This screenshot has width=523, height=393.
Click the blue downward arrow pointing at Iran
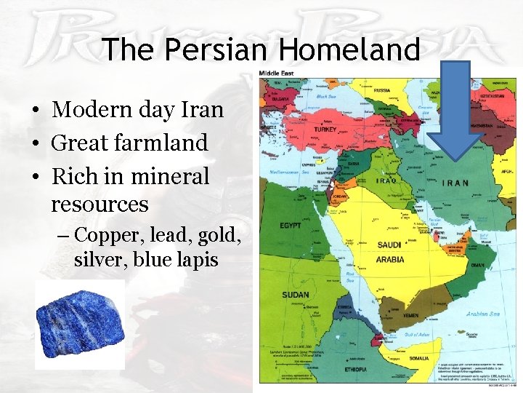[x=448, y=109]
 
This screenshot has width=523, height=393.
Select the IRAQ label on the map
[x=386, y=180]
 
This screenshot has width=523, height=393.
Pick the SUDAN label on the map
[x=296, y=295]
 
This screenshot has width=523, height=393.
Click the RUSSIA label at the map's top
[x=382, y=91]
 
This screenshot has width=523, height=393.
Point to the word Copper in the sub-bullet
[x=106, y=234]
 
